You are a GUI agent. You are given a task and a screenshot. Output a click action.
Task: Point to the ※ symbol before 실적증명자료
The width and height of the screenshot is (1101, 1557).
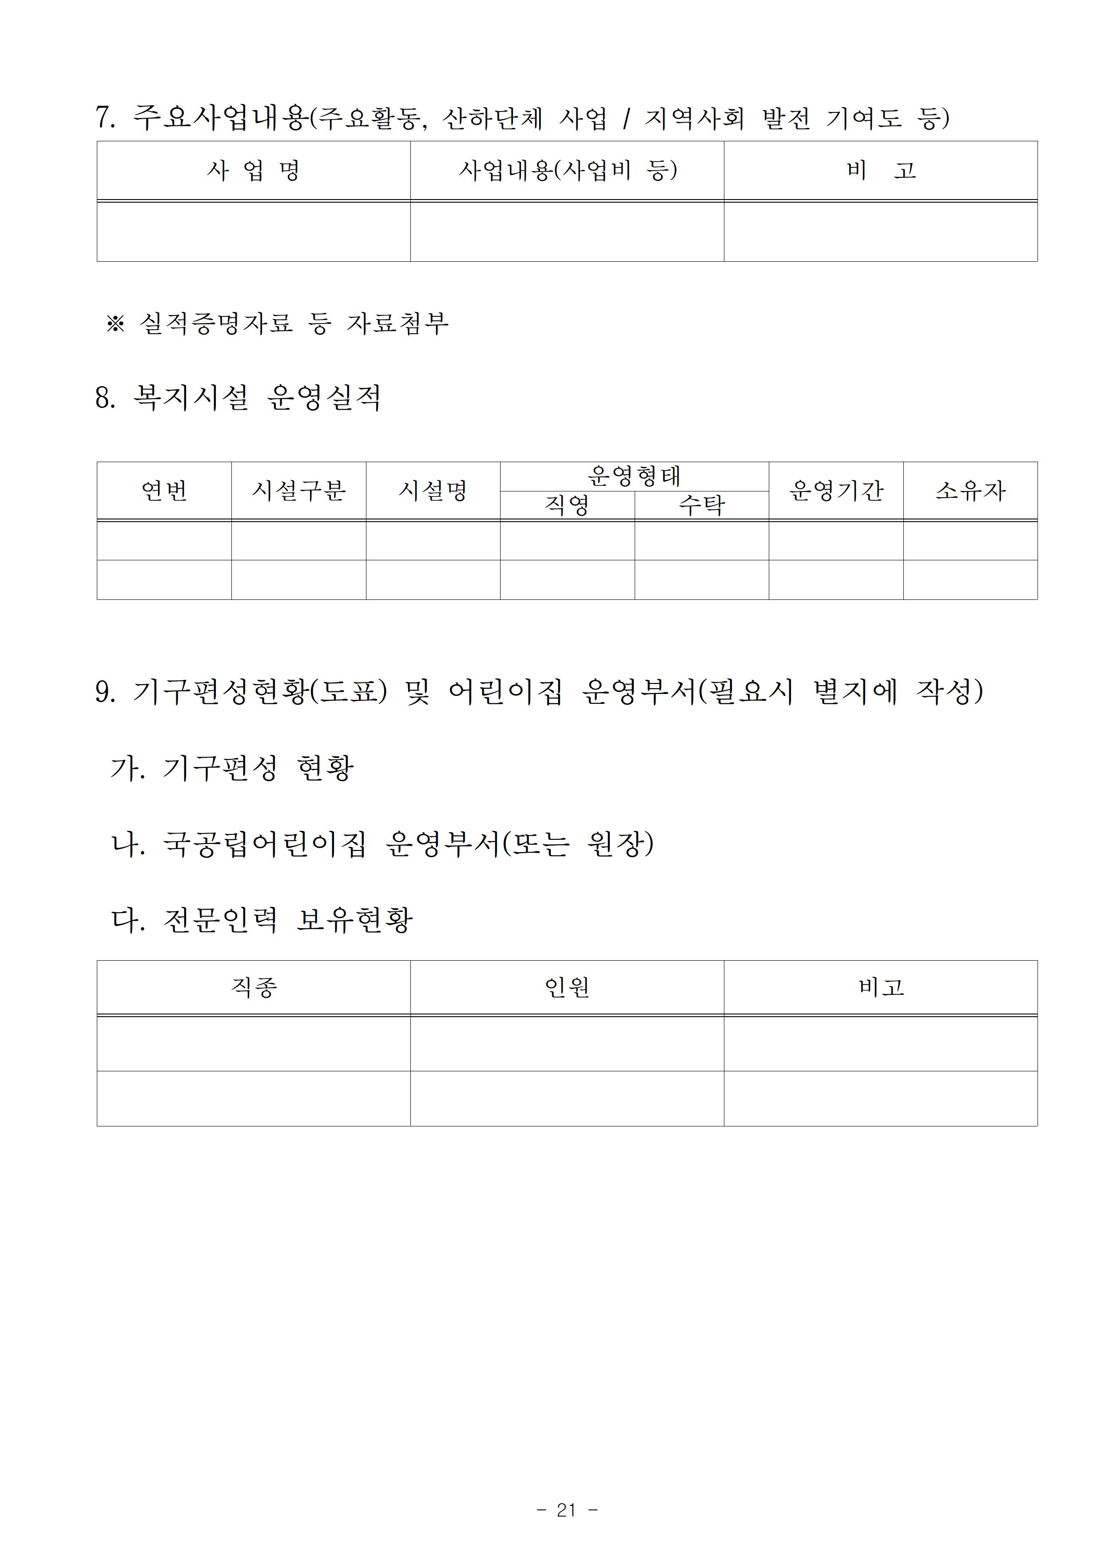pyautogui.click(x=115, y=323)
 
